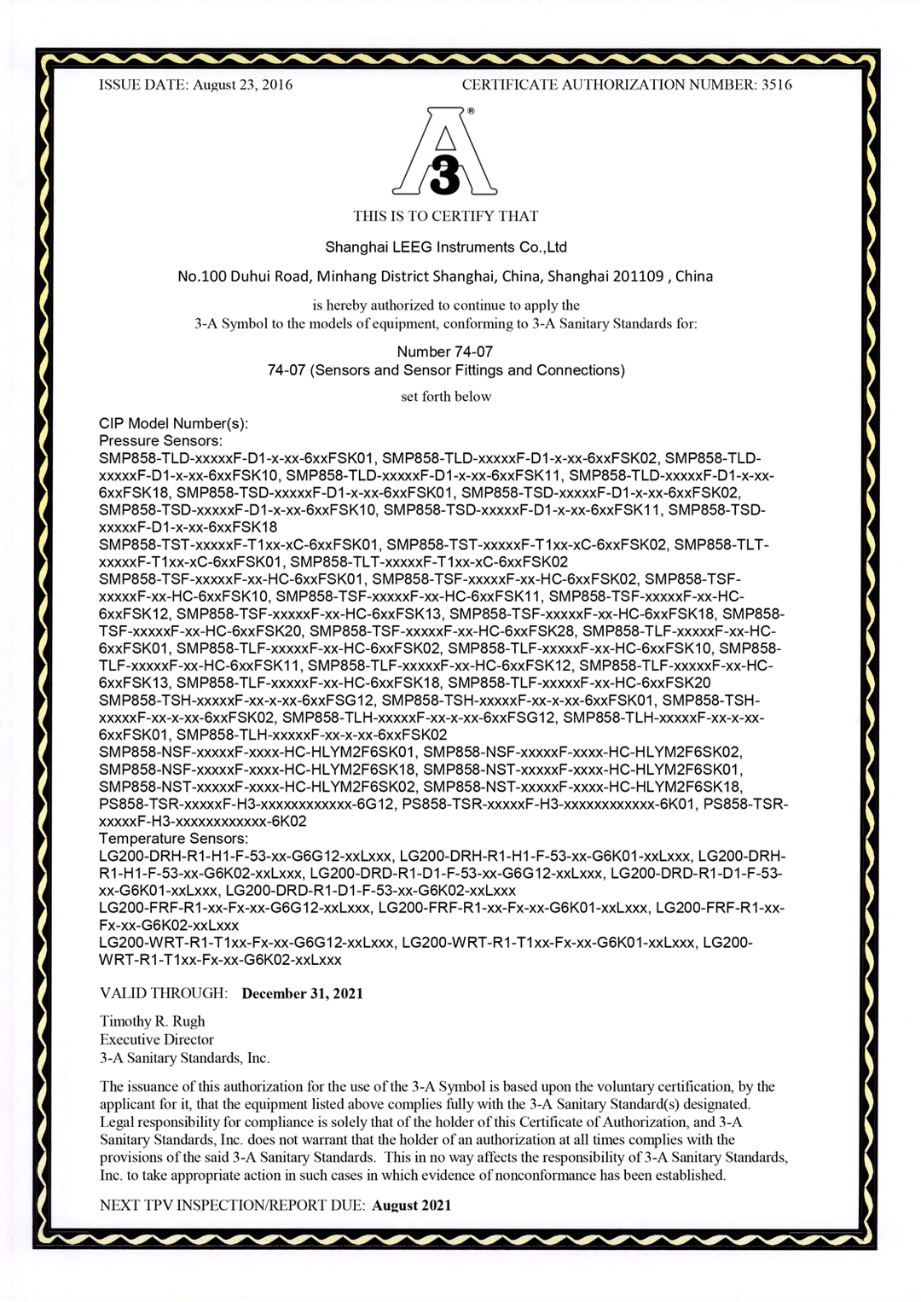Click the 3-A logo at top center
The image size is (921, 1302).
point(444,152)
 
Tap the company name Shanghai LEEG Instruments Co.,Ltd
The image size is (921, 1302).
point(445,247)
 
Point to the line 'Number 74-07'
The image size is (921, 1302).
point(444,352)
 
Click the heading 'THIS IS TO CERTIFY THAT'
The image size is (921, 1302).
point(445,216)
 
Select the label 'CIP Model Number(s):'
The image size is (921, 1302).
point(173,423)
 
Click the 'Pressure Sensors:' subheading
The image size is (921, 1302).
point(160,441)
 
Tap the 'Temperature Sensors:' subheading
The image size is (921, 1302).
point(173,839)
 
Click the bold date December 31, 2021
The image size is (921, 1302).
point(302,994)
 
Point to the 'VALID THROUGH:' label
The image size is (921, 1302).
point(164,994)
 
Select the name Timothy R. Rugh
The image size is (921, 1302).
point(152,1021)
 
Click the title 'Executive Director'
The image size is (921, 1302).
point(156,1040)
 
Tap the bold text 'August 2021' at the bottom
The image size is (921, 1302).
point(411,1206)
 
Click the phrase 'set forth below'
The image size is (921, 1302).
point(445,397)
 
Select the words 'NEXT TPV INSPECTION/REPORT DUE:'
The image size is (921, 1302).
point(232,1206)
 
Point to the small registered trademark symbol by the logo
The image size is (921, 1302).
point(472,111)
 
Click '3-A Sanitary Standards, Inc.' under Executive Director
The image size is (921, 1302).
point(184,1058)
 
